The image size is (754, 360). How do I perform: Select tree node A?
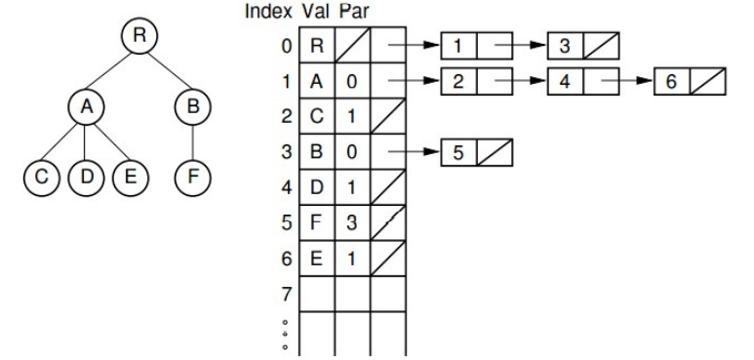(86, 106)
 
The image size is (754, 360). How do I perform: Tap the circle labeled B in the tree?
(191, 106)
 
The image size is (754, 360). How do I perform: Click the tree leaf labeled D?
(86, 179)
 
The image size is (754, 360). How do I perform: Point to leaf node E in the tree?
(129, 179)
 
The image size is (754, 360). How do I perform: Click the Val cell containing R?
(317, 45)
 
